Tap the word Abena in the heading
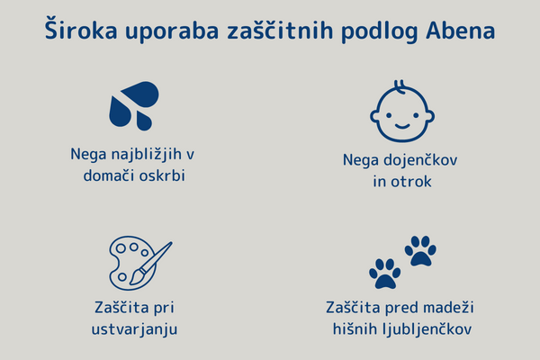(461, 31)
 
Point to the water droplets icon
(134, 106)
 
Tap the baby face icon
(402, 112)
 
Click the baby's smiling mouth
(402, 126)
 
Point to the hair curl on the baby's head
(400, 86)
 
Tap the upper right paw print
(420, 250)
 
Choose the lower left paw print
(384, 274)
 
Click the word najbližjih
(146, 155)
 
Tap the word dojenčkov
(420, 160)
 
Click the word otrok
(411, 182)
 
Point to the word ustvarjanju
(134, 329)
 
